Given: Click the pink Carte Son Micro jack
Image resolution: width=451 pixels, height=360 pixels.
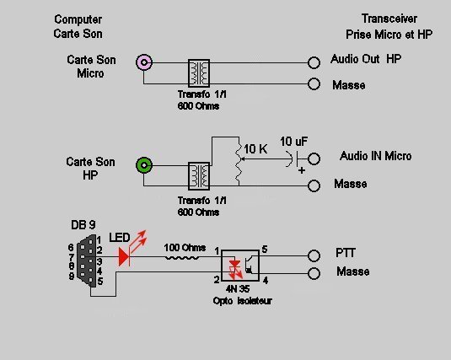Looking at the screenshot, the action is point(144,62).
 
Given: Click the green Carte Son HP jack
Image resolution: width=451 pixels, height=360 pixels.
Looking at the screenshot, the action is point(144,165).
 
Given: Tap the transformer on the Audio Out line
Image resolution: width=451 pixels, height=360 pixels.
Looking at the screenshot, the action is point(199,73).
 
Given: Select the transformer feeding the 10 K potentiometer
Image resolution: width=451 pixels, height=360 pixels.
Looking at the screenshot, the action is point(199,176).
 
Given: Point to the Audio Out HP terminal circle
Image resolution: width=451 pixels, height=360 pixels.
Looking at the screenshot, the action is point(314,62).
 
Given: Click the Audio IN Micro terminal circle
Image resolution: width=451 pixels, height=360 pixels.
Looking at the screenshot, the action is point(314,159).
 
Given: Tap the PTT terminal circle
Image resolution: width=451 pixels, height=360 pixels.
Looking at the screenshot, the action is point(314,255).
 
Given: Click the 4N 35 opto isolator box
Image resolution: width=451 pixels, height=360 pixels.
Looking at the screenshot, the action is point(240,266).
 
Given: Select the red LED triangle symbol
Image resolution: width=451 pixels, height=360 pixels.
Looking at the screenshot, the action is point(124,257).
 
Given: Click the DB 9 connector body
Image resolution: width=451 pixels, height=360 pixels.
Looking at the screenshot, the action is point(87,261).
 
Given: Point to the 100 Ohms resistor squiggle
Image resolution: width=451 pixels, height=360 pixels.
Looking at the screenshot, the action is point(181,258).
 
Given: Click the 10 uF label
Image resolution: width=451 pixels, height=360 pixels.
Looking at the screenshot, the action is point(293,142).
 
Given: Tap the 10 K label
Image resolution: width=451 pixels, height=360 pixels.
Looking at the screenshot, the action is point(255,149).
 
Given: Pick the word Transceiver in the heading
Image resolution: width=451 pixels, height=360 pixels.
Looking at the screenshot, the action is point(389,19).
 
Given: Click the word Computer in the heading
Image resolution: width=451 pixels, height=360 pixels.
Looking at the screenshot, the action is point(78,19).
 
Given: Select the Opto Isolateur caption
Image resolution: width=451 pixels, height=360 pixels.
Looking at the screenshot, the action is point(242,301).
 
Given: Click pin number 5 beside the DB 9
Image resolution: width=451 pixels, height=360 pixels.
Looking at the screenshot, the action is point(100,281).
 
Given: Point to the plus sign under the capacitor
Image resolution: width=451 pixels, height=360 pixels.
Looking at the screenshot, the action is point(302,170).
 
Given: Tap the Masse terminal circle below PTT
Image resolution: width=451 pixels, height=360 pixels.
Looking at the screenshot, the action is point(314,273).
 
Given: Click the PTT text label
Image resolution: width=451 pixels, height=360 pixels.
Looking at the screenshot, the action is point(346,253).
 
